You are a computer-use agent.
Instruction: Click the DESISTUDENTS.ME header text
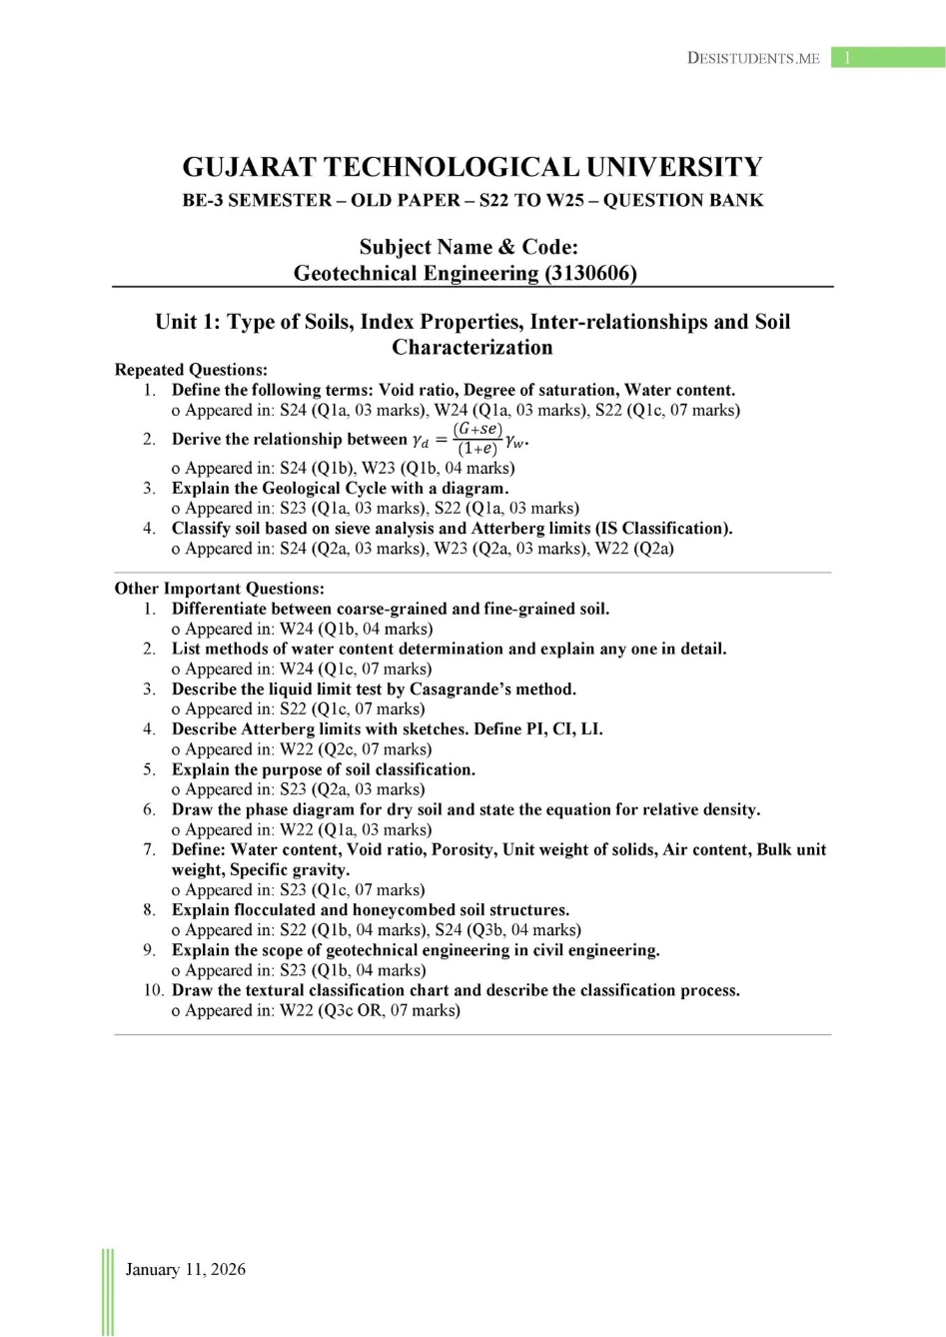point(753,58)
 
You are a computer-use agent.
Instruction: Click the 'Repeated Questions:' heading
point(191,370)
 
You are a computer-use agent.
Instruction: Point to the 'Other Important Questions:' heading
point(219,589)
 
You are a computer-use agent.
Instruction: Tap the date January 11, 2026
point(185,1269)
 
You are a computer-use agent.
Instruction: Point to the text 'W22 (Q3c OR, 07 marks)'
point(370,1010)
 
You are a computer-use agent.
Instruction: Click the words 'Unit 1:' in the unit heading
point(187,322)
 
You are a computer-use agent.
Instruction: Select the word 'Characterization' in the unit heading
point(472,348)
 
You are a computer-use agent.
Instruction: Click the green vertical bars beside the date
point(108,1291)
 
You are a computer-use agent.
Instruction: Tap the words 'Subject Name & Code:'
point(469,247)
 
